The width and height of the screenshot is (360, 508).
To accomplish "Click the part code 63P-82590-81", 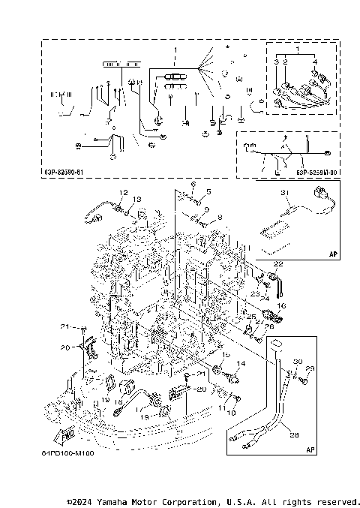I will click(x=63, y=172).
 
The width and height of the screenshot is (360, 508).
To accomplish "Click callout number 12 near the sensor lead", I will click(x=124, y=193).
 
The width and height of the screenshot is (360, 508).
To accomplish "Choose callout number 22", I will click(x=278, y=263).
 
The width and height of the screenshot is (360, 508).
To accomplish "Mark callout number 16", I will click(x=283, y=306).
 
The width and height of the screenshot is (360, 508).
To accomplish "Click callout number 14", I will click(x=241, y=363).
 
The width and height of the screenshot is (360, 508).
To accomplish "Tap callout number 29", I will click(x=310, y=368).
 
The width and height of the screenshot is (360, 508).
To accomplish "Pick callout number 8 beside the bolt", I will click(x=220, y=218).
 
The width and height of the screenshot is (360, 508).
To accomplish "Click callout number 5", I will click(x=208, y=193).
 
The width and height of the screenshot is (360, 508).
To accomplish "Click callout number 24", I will click(x=265, y=298).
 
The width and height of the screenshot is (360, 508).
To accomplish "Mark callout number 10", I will click(x=231, y=413).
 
